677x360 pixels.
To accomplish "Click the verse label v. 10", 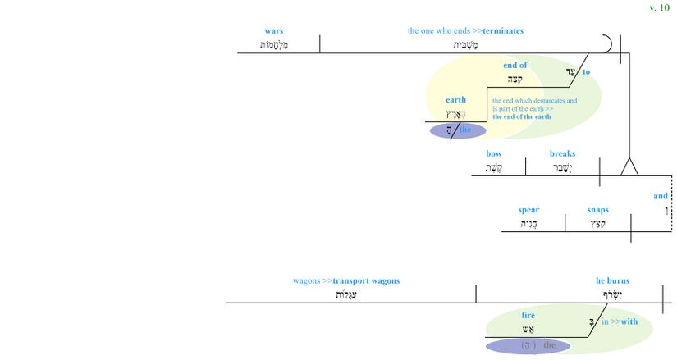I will (659, 8).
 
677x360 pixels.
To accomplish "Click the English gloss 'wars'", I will (274, 31).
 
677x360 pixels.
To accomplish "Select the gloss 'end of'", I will (515, 66).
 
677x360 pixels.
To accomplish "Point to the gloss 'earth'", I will (455, 100).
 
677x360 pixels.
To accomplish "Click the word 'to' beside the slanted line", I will (587, 72).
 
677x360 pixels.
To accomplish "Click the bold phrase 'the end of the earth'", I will (521, 117).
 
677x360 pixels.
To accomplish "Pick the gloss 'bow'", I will (493, 153).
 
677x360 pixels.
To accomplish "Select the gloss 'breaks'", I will (562, 153).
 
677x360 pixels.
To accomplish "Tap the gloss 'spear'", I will (528, 210).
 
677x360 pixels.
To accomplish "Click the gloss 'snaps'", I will (597, 210).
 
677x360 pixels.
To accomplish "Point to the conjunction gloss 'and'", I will (661, 196).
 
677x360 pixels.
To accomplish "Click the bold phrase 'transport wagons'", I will (366, 281).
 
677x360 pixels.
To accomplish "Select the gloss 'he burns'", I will (612, 281).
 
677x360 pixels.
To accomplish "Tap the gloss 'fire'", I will (528, 315).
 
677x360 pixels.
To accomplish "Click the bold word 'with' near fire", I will (629, 322).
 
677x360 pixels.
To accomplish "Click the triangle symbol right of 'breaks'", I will (629, 167).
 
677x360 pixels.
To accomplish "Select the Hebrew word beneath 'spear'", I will (528, 224).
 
